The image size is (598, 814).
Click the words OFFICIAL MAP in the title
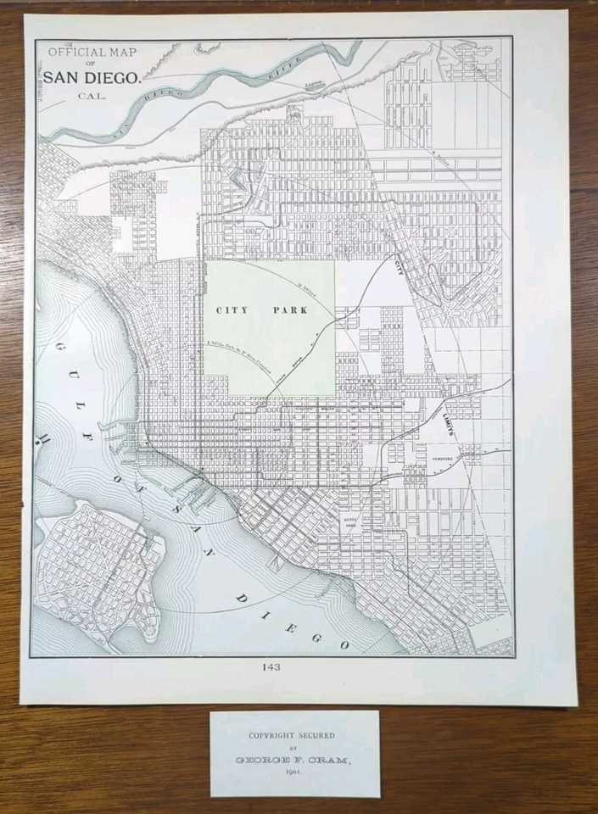pos(92,53)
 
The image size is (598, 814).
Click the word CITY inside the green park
pos(232,310)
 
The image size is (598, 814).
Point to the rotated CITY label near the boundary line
pos(400,267)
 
